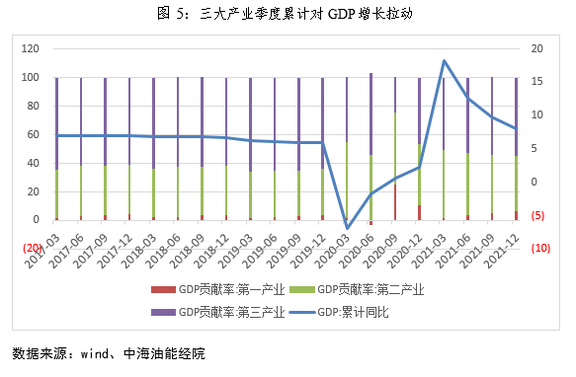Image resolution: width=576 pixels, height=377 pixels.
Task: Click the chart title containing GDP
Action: tap(287, 14)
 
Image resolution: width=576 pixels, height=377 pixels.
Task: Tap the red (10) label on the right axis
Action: tap(540, 249)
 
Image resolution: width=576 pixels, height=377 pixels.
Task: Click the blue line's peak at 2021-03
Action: tap(444, 61)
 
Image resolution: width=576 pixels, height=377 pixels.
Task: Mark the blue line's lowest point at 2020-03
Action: tap(347, 228)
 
